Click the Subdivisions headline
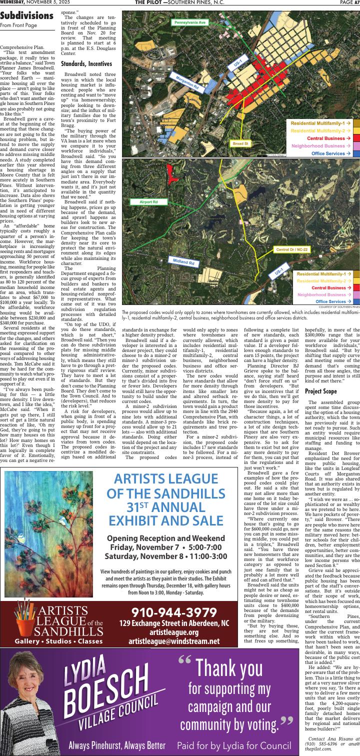tap(27, 16)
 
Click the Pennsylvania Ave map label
tap(189, 22)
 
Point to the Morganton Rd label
tap(187, 82)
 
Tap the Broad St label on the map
tap(240, 143)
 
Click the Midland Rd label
tap(183, 262)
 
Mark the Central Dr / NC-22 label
tap(292, 249)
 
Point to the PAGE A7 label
tap(349, 2)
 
